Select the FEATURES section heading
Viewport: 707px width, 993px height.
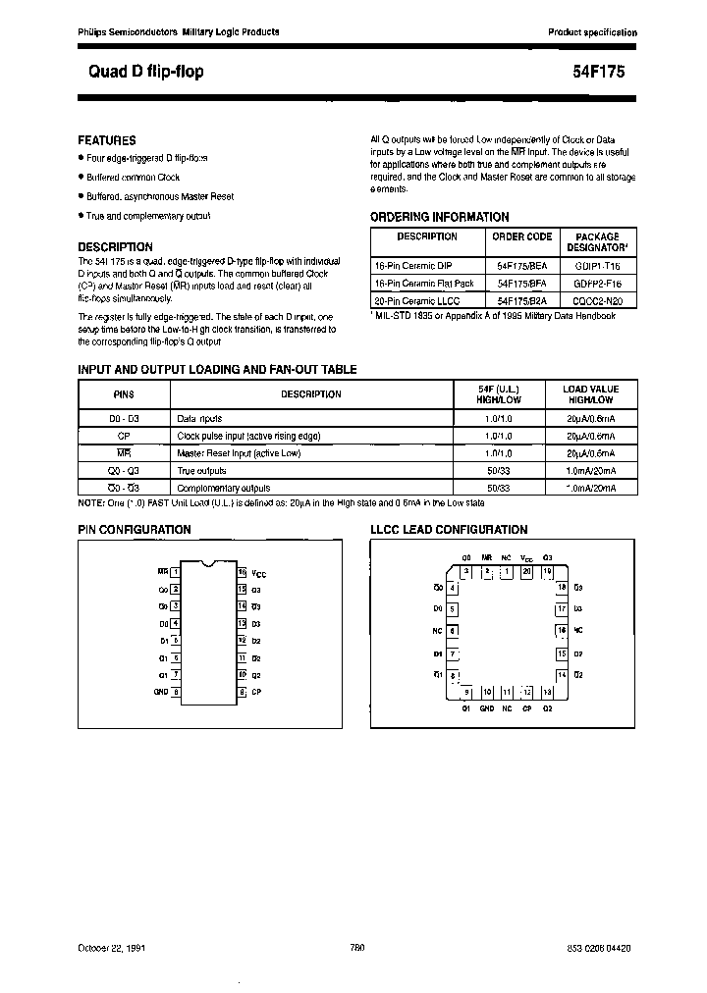(107, 140)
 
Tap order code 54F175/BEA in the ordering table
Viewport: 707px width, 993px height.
(521, 265)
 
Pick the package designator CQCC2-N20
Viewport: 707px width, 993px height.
(596, 300)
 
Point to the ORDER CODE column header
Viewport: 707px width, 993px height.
(521, 236)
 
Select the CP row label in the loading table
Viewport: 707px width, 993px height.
(124, 436)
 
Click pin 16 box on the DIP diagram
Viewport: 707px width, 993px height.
(242, 571)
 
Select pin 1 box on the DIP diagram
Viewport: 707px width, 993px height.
(175, 571)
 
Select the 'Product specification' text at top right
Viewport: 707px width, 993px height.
(592, 32)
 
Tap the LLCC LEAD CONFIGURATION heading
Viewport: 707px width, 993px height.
(449, 530)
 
